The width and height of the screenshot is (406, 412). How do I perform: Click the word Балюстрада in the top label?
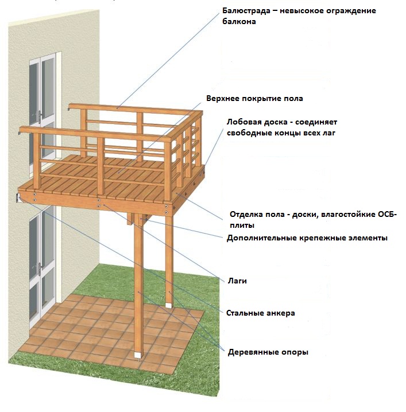(245, 11)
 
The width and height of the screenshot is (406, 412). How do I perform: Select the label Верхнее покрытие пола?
(254, 98)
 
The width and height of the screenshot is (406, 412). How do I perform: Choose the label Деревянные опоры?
(268, 352)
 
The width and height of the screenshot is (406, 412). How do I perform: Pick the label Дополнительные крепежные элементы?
(307, 238)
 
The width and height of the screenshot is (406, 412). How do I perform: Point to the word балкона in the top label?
(238, 22)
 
